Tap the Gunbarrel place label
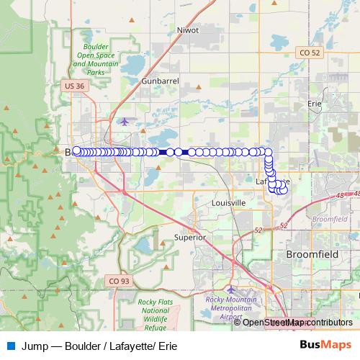click(160, 81)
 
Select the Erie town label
click(314, 104)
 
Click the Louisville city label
click(229, 203)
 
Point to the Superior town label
click(190, 237)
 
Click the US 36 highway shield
click(74, 86)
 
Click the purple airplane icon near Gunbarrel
click(125, 120)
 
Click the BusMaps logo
click(325, 345)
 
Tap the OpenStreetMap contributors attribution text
click(297, 323)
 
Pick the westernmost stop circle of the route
click(77, 151)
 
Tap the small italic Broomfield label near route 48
click(330, 218)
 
